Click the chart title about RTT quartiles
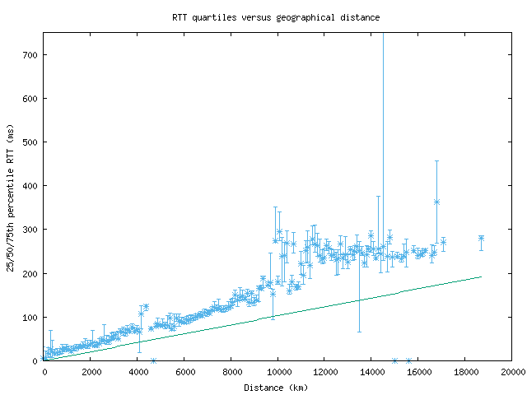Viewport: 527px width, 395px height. click(x=276, y=16)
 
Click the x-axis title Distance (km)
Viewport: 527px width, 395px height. click(x=276, y=388)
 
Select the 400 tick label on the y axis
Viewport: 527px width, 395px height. click(x=30, y=186)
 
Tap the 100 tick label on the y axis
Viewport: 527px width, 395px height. click(x=30, y=317)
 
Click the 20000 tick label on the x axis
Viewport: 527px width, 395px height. click(x=511, y=373)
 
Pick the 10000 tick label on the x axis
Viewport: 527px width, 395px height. click(x=277, y=373)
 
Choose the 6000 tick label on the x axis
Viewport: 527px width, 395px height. click(x=184, y=373)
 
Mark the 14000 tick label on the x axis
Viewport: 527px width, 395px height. click(x=371, y=373)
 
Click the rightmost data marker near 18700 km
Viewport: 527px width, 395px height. click(x=481, y=239)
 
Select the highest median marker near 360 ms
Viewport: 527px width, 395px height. click(x=436, y=202)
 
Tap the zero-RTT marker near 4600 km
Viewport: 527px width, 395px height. click(x=153, y=360)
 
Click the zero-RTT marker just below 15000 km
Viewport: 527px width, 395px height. click(x=395, y=360)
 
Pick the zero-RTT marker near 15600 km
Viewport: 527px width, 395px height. click(x=409, y=360)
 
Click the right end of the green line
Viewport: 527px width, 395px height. click(x=481, y=276)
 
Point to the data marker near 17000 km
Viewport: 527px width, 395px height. click(x=443, y=242)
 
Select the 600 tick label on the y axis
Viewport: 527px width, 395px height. click(x=30, y=99)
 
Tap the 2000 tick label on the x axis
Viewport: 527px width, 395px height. click(x=91, y=373)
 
